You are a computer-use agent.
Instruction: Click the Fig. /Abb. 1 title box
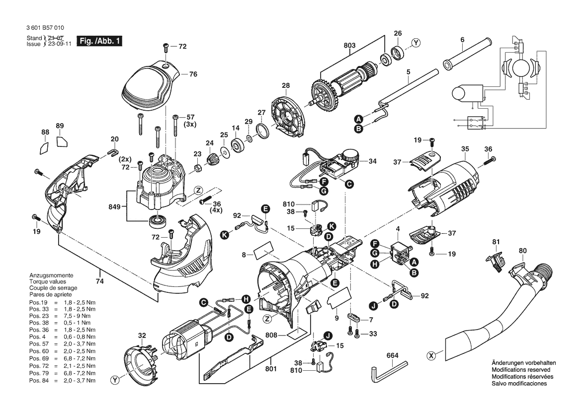[x=99, y=41]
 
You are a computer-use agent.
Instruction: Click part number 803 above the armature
[x=349, y=46]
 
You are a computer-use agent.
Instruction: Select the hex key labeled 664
[x=389, y=371]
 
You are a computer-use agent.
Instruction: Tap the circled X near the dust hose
[x=431, y=356]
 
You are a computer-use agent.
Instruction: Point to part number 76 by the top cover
[x=193, y=74]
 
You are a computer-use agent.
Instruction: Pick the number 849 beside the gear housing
[x=114, y=206]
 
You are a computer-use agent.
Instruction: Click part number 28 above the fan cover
[x=286, y=85]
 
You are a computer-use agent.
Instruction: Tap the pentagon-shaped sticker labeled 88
[x=44, y=147]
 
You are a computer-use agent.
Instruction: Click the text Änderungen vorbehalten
[x=523, y=363]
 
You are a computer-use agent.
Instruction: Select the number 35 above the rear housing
[x=465, y=149]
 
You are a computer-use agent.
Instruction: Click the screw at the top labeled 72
[x=166, y=47]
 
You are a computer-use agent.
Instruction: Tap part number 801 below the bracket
[x=271, y=369]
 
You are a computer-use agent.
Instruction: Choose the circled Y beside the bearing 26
[x=416, y=43]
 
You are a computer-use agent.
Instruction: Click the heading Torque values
[x=48, y=281]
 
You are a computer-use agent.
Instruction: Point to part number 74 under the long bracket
[x=100, y=281]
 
